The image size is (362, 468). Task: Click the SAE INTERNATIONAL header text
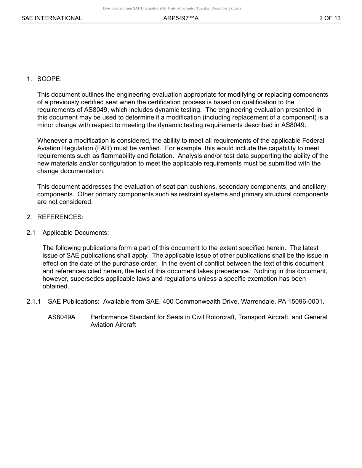[51, 18]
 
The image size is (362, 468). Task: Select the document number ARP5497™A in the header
[178, 18]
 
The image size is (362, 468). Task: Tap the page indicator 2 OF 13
[330, 18]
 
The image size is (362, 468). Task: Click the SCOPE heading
[49, 79]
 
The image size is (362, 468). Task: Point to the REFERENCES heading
[60, 217]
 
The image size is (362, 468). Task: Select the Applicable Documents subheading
[75, 233]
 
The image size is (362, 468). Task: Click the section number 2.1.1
[34, 302]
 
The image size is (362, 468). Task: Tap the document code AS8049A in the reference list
[62, 317]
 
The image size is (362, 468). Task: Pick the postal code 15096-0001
[306, 302]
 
